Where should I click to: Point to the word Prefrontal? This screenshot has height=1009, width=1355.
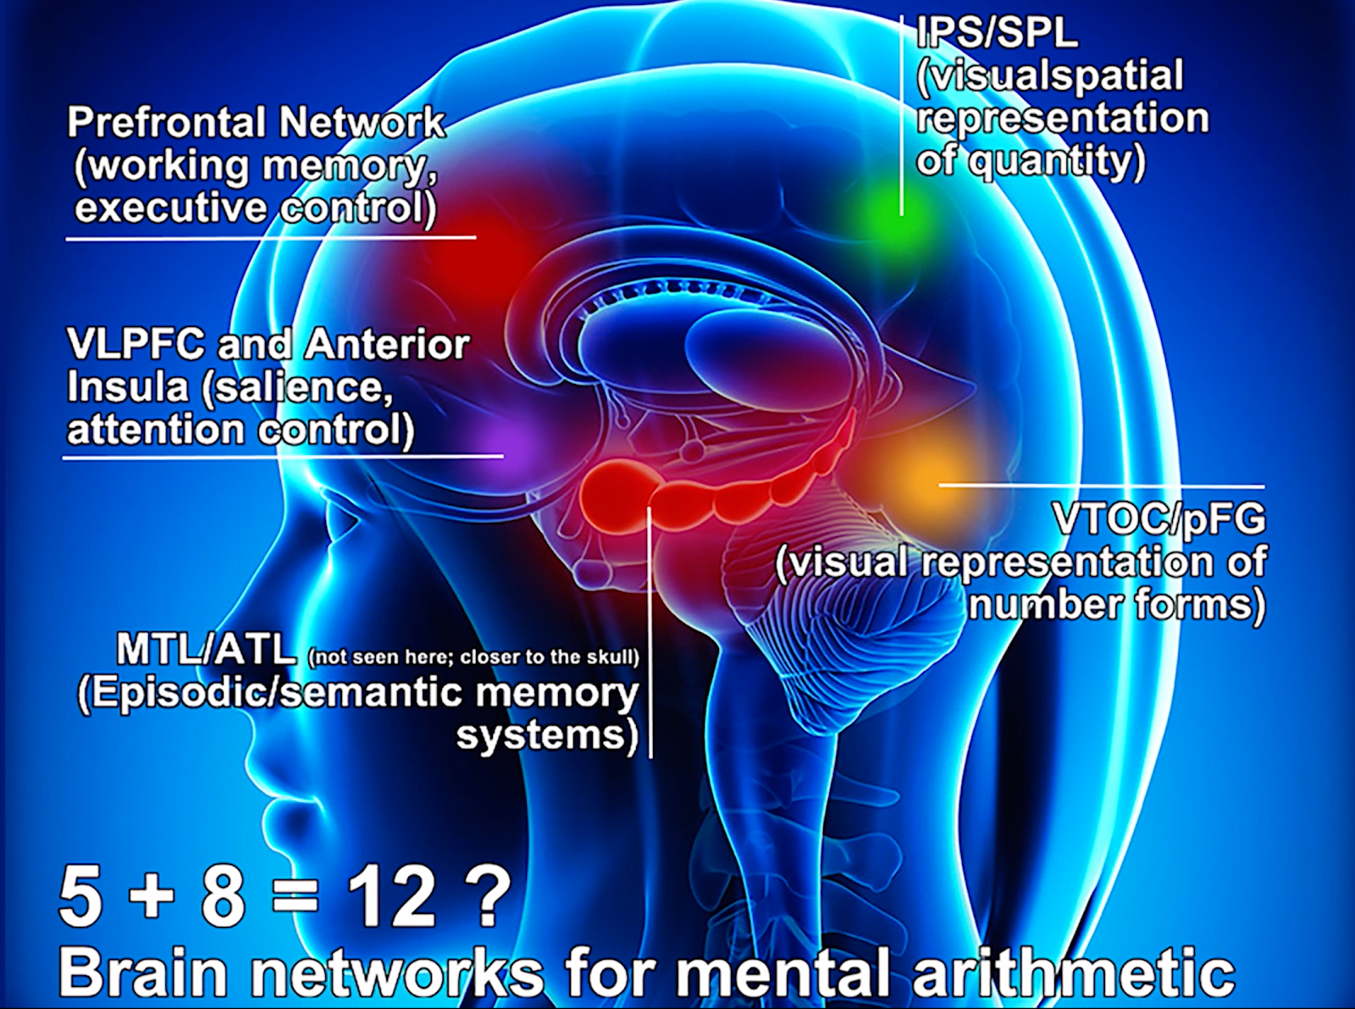(165, 122)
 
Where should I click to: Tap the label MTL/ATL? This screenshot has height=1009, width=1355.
(207, 651)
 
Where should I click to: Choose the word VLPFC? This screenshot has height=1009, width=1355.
(135, 346)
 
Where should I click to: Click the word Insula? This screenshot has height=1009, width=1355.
(128, 388)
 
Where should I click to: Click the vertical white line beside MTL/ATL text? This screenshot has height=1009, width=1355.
(650, 632)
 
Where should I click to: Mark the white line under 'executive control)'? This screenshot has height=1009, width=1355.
(271, 238)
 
